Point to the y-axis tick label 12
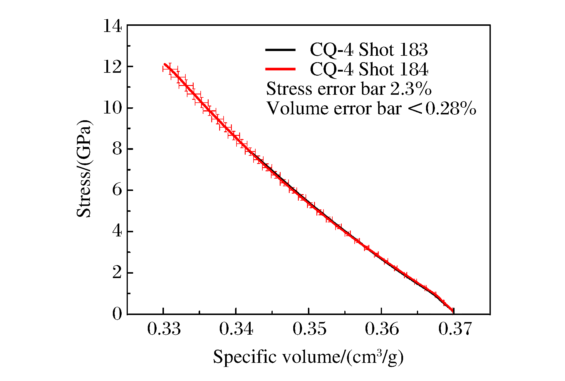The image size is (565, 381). [112, 67]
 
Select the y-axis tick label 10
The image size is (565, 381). [112, 108]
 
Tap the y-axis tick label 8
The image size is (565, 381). [117, 149]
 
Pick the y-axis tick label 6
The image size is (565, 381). [117, 190]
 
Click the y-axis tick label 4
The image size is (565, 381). [117, 231]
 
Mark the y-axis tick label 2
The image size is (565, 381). [117, 273]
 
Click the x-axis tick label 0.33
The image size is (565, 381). [164, 329]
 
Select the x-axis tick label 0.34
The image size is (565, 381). [236, 329]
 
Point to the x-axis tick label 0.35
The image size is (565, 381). [309, 329]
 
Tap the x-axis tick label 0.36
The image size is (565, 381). [382, 329]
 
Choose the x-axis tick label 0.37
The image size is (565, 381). [455, 329]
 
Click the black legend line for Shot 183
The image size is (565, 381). [280, 50]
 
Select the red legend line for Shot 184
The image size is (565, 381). [280, 69]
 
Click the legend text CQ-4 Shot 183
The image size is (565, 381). [369, 50]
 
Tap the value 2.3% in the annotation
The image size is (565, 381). [411, 89]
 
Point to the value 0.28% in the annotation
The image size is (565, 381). [451, 109]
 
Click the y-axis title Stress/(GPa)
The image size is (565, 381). [84, 169]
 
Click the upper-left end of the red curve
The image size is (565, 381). [165, 64]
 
